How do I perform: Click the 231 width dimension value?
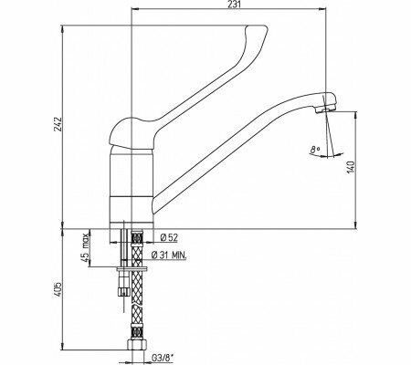pyautogui.click(x=235, y=8)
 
